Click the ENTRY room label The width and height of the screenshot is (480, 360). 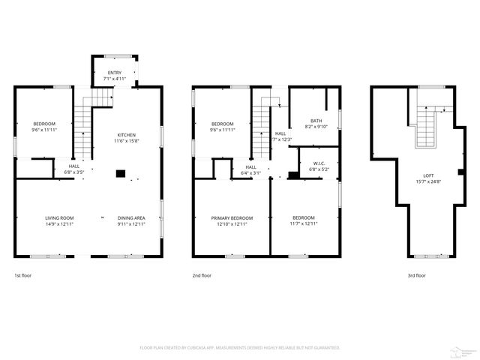[x=115, y=73]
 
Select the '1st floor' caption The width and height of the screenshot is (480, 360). [x=23, y=275]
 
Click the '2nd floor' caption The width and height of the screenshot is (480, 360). [x=202, y=275]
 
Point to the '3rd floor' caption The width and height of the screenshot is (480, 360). [x=416, y=275]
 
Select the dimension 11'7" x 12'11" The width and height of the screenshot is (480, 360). [x=304, y=223]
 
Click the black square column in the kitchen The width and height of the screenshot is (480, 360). [x=119, y=173]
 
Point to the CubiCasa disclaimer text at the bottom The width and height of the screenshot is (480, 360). [x=240, y=347]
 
